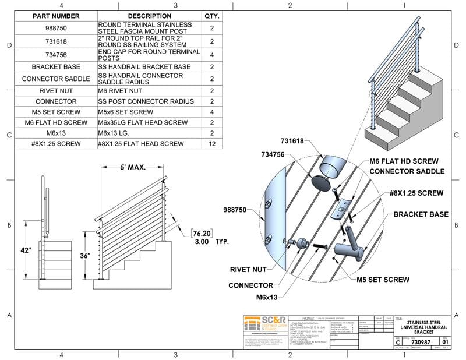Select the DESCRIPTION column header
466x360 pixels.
(x=149, y=16)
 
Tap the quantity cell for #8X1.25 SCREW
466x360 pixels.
(x=211, y=143)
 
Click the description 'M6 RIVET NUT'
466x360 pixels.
(x=120, y=90)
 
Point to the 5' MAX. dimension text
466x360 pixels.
(x=132, y=167)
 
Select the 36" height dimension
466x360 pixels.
(x=86, y=255)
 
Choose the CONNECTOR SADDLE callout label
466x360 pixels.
(x=407, y=171)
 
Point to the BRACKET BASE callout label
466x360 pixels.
(x=421, y=214)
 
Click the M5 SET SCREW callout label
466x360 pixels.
(x=383, y=280)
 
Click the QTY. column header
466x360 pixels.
(x=211, y=16)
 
